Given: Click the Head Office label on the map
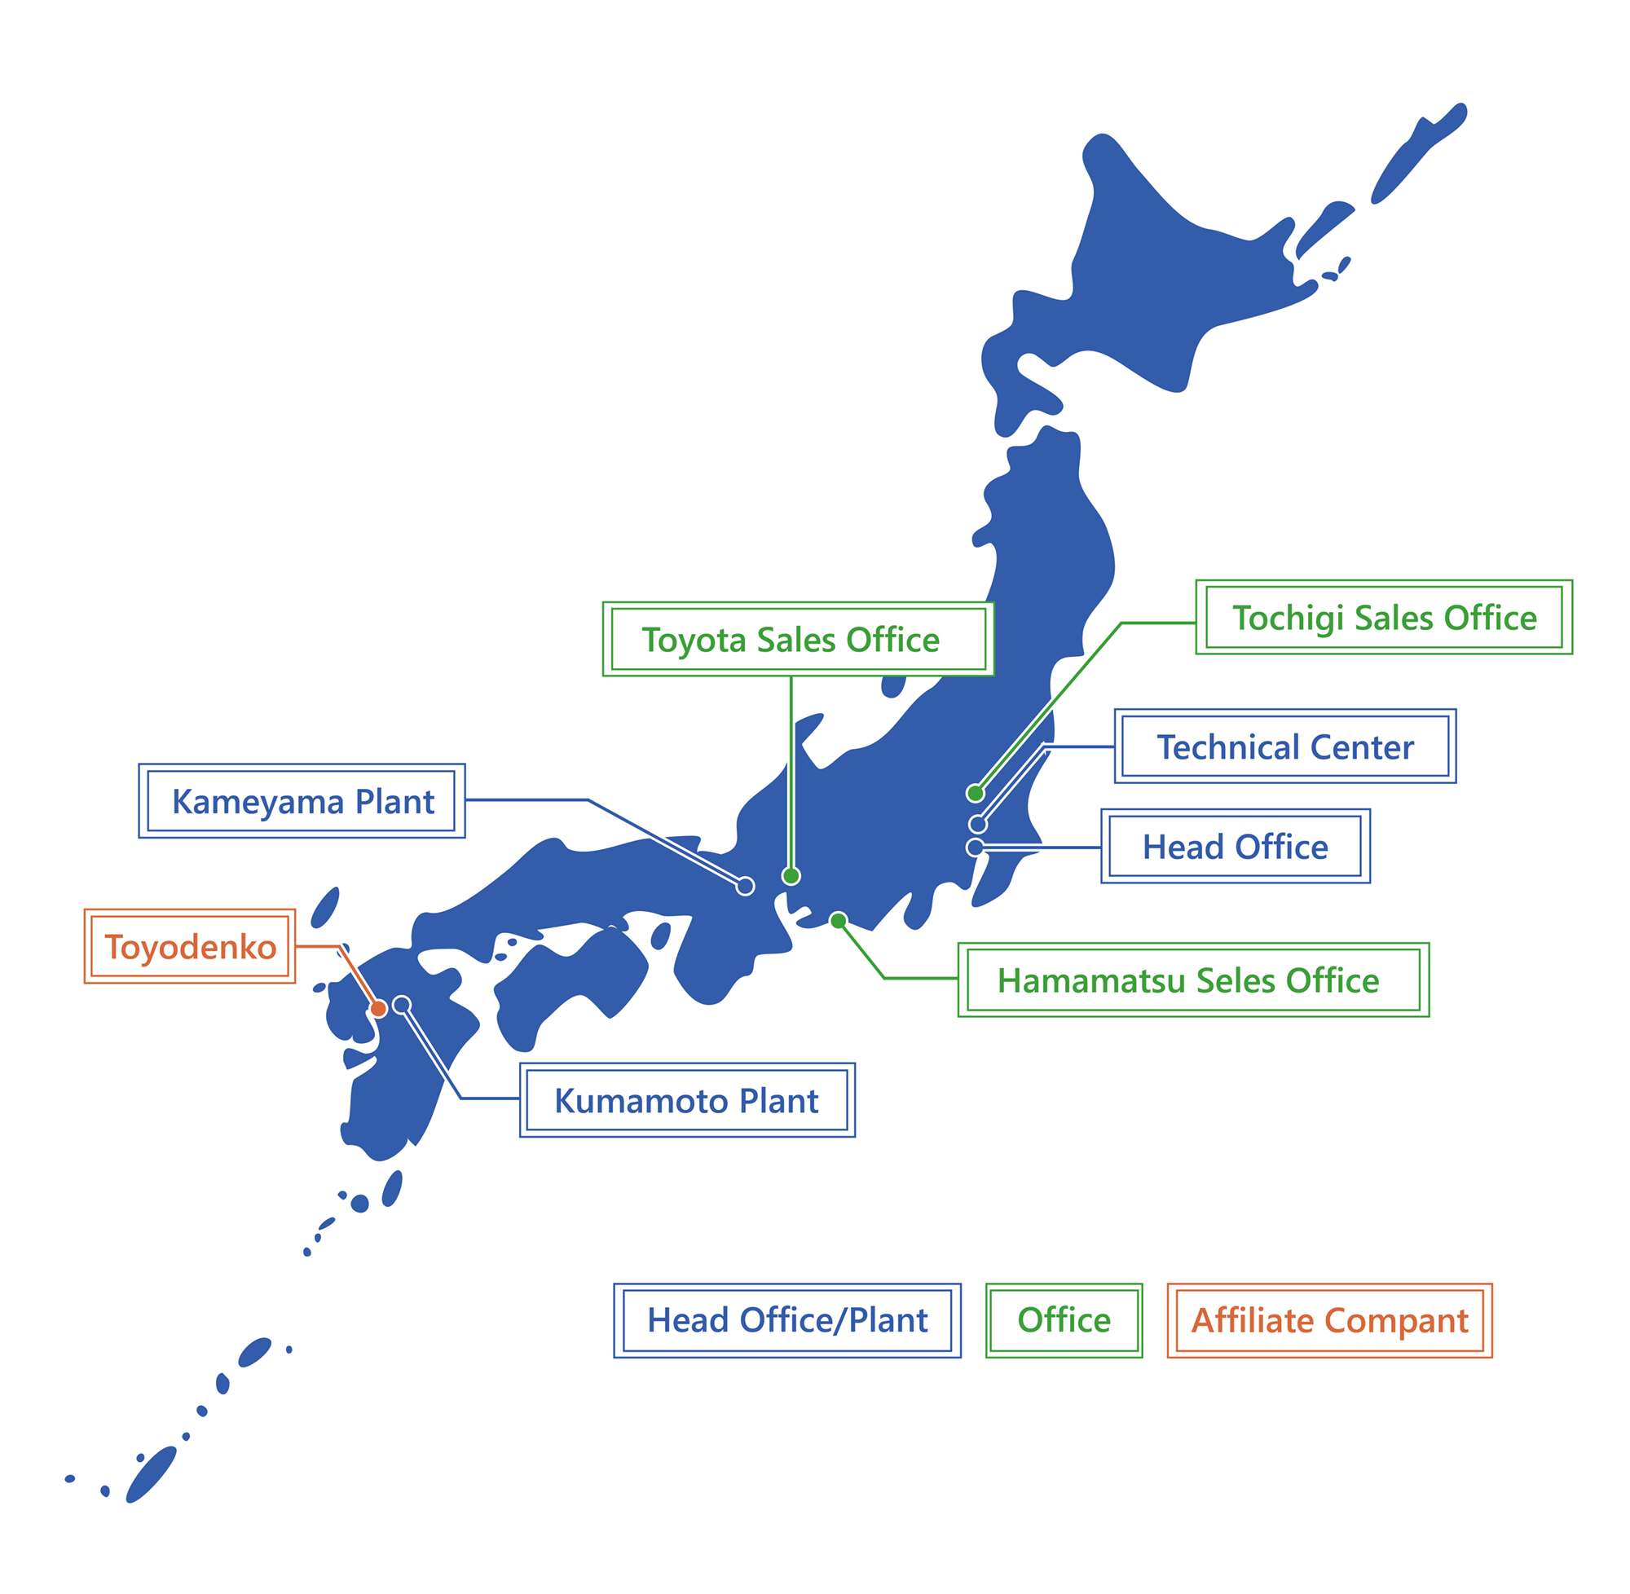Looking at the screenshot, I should (1234, 847).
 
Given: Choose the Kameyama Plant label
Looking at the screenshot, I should (302, 801).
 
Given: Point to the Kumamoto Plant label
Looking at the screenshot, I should (686, 1101).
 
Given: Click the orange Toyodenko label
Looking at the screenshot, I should (190, 947).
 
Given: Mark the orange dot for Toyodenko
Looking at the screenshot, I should (378, 1009).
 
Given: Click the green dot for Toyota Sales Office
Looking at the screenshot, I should (791, 876).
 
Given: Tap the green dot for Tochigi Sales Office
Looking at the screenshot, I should (975, 793).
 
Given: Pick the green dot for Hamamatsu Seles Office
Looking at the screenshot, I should (838, 921).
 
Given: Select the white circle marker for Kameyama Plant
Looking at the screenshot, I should (744, 886).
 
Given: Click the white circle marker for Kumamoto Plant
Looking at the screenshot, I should (402, 1005).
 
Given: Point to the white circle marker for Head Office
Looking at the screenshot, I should (975, 848).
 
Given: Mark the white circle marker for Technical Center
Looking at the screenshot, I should (977, 825).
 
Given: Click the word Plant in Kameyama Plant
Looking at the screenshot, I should (394, 801).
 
